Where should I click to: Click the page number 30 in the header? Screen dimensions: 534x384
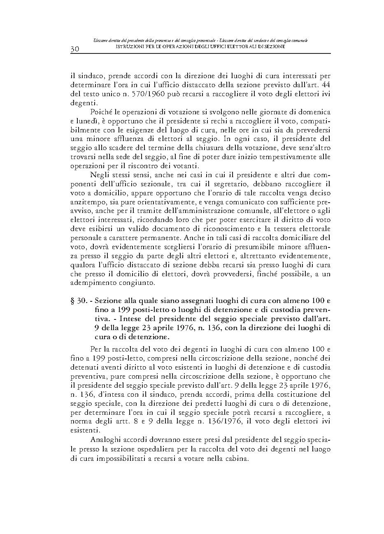(74, 49)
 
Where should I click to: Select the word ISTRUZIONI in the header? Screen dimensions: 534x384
(128, 47)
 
